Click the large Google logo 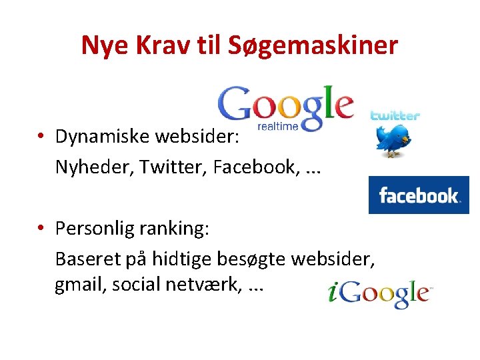[285, 105]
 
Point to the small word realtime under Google [278, 126]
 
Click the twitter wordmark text [395, 115]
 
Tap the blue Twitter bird [393, 140]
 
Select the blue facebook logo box [419, 195]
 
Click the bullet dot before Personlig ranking [41, 229]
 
